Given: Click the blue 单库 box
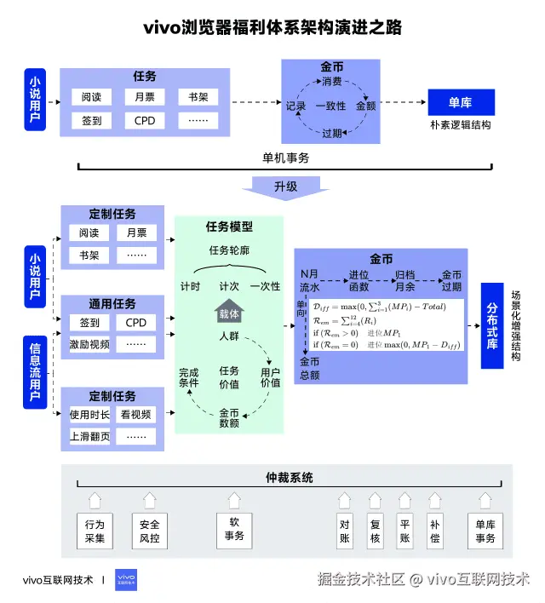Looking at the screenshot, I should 460,103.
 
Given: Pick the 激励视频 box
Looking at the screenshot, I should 89,344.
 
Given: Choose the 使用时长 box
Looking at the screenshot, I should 89,414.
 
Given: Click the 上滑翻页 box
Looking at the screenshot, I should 89,436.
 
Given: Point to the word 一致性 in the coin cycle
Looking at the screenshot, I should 330,106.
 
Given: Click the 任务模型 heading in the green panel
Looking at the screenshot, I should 229,227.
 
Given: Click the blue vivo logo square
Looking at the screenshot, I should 125,582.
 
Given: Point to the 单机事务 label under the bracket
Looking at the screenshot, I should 285,158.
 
